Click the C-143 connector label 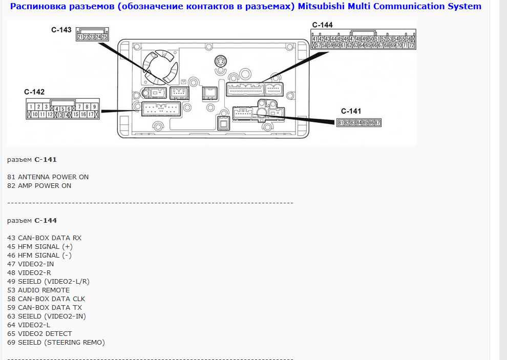pyautogui.click(x=61, y=30)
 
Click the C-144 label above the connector pyautogui.click(x=322, y=25)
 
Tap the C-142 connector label pyautogui.click(x=34, y=92)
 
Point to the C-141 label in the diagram pyautogui.click(x=351, y=111)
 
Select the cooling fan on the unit pyautogui.click(x=160, y=67)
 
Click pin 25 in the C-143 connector pyautogui.click(x=104, y=37)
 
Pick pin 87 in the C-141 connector pyautogui.click(x=377, y=122)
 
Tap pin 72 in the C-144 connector pyautogui.click(x=411, y=45)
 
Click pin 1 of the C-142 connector pyautogui.click(x=31, y=107)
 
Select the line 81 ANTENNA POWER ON pyautogui.click(x=48, y=177)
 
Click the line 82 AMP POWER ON pyautogui.click(x=39, y=186)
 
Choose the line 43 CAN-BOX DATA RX pyautogui.click(x=44, y=238)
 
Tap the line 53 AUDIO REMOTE pyautogui.click(x=38, y=290)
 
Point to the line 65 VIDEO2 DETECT pyautogui.click(x=39, y=333)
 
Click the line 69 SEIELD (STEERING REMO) pyautogui.click(x=56, y=342)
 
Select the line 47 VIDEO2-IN pyautogui.click(x=30, y=264)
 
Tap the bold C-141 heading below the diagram pyautogui.click(x=46, y=159)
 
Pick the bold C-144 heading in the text pyautogui.click(x=46, y=220)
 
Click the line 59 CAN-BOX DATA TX pyautogui.click(x=45, y=308)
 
